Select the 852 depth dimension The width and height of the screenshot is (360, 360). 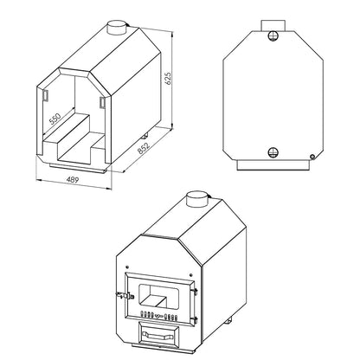click(146, 157)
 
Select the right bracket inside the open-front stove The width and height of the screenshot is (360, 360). click(101, 102)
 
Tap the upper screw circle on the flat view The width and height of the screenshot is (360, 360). click(274, 35)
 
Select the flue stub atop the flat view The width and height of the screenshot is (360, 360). click(274, 21)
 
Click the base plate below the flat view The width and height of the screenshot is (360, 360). click(273, 164)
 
